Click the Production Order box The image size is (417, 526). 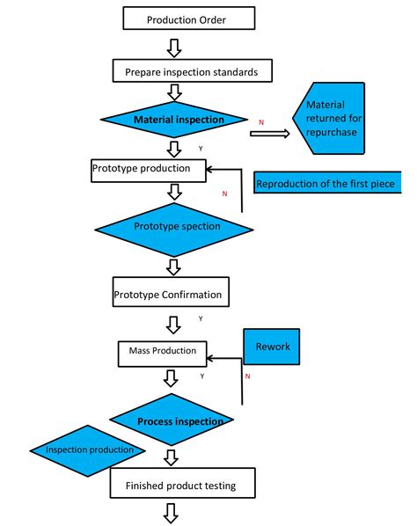tap(188, 18)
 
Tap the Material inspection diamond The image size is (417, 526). tap(179, 119)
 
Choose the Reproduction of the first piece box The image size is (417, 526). tap(326, 184)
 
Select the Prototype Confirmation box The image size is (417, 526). tap(168, 292)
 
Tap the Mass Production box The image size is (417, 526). tap(163, 352)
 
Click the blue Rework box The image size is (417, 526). tap(273, 347)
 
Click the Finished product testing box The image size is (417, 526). tap(185, 484)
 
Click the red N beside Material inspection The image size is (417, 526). tap(260, 121)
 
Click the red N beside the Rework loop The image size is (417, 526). tap(247, 376)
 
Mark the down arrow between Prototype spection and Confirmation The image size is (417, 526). tap(175, 266)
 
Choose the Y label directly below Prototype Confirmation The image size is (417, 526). tap(201, 318)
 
